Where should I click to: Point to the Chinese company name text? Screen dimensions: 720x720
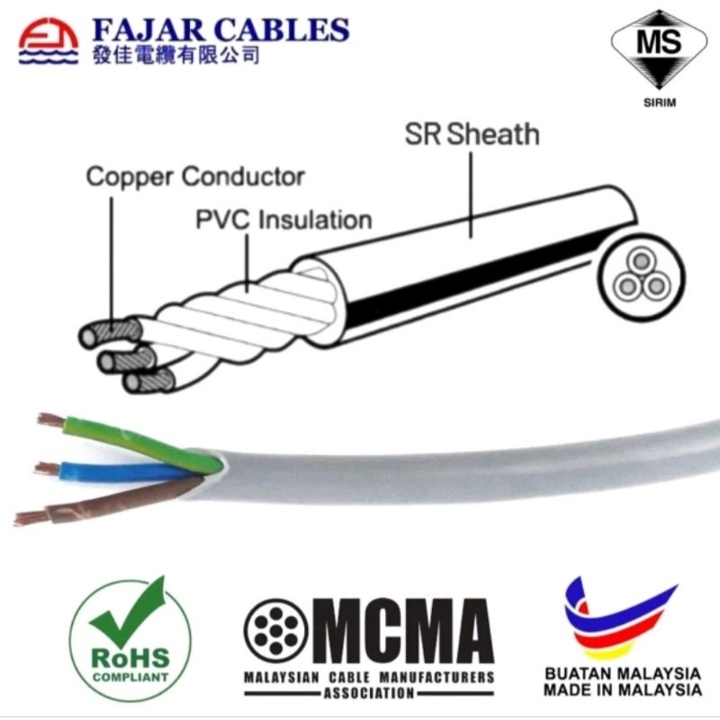[x=176, y=57]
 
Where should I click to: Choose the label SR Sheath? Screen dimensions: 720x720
[x=472, y=135]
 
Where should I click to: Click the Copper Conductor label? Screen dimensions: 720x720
[x=195, y=176]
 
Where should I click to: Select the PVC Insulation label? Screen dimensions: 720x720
[x=283, y=219]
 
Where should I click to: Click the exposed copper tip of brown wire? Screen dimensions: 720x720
[x=31, y=517]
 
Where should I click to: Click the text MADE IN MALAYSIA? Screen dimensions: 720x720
[x=623, y=690]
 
